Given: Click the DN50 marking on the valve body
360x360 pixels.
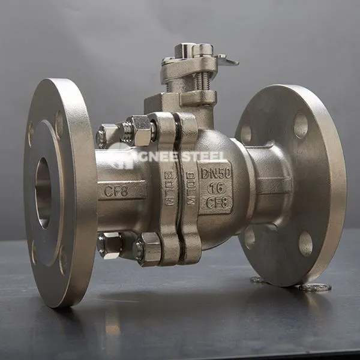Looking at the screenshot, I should (215, 173).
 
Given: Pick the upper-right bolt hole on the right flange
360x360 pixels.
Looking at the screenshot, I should (301, 125).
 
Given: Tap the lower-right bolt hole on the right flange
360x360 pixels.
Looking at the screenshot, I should (305, 242).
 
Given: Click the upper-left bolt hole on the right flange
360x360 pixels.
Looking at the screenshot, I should (246, 134).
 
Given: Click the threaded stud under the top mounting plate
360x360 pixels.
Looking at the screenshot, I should (203, 80).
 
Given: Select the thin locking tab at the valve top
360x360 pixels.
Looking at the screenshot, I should (227, 60).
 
